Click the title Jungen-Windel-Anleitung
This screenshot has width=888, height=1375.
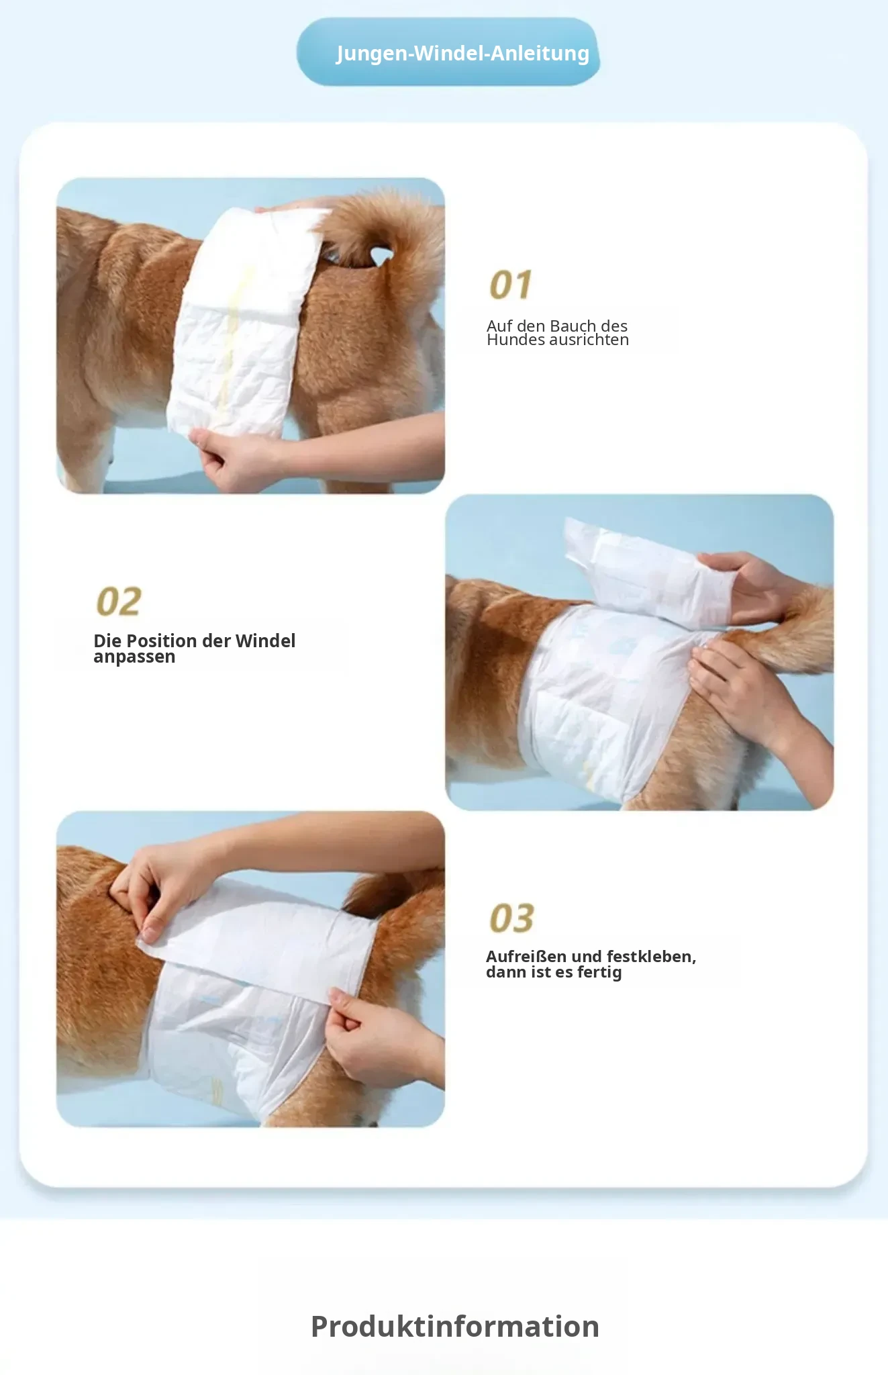(x=462, y=53)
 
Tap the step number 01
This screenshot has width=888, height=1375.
(x=511, y=285)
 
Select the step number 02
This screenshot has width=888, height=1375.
(x=119, y=601)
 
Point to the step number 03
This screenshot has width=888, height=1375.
(x=511, y=918)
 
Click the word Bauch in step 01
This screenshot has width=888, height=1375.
(x=573, y=326)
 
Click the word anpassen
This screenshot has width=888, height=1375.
(x=134, y=657)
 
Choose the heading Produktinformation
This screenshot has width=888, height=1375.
(x=455, y=1326)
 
